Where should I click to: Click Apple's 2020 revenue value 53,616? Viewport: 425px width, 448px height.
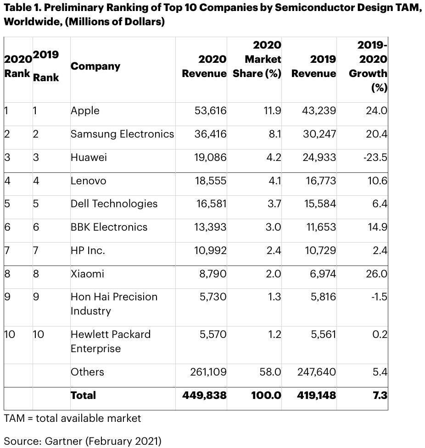pyautogui.click(x=210, y=111)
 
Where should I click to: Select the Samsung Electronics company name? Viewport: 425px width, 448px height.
pyautogui.click(x=122, y=134)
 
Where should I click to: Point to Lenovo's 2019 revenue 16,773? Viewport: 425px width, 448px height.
pyautogui.click(x=320, y=181)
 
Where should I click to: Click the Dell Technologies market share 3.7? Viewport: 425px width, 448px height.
pyautogui.click(x=274, y=204)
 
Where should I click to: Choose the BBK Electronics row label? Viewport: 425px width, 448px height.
pyautogui.click(x=109, y=227)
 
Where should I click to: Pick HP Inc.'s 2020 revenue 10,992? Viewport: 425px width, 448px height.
pyautogui.click(x=210, y=250)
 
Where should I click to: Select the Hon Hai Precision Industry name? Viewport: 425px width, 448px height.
pyautogui.click(x=113, y=304)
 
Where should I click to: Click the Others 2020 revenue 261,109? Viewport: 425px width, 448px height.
pyautogui.click(x=208, y=372)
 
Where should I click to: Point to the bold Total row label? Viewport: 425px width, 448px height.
pyautogui.click(x=83, y=395)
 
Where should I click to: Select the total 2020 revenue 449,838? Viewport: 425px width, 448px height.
pyautogui.click(x=204, y=395)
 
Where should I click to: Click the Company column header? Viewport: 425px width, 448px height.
pyautogui.click(x=95, y=66)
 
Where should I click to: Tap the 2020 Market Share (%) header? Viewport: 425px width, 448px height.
pyautogui.click(x=257, y=60)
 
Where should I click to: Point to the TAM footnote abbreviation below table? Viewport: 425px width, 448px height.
pyautogui.click(x=14, y=418)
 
